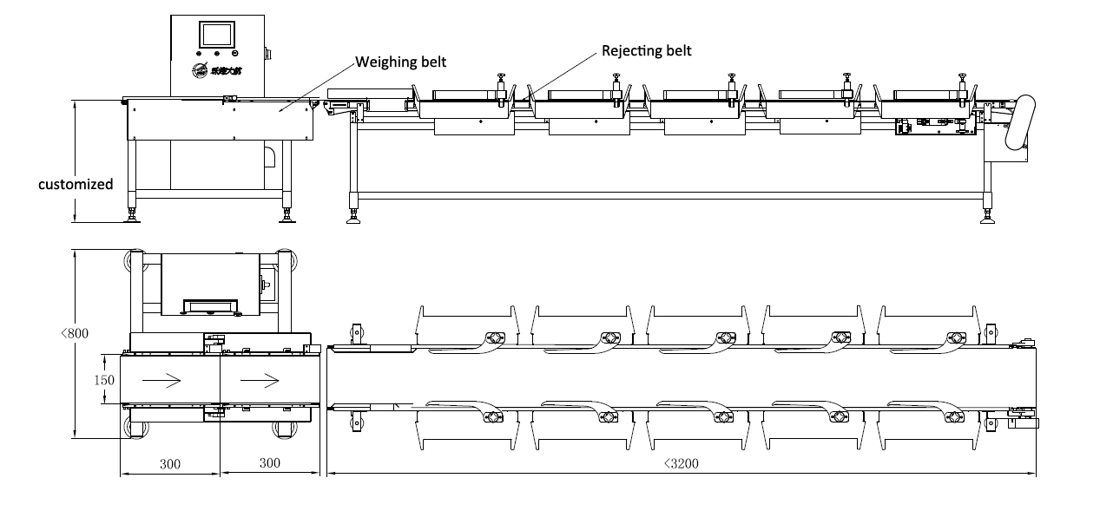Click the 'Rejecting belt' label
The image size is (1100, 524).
click(647, 50)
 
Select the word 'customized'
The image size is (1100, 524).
click(76, 184)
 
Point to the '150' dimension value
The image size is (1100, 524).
click(104, 379)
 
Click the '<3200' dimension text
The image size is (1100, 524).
click(681, 463)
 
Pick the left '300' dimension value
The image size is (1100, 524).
click(169, 464)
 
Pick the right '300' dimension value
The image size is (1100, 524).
click(270, 464)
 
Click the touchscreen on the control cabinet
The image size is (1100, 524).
click(217, 35)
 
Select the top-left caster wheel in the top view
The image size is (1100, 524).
click(135, 261)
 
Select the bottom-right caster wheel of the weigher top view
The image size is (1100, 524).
click(283, 429)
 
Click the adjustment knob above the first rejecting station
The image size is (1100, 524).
click(501, 80)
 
